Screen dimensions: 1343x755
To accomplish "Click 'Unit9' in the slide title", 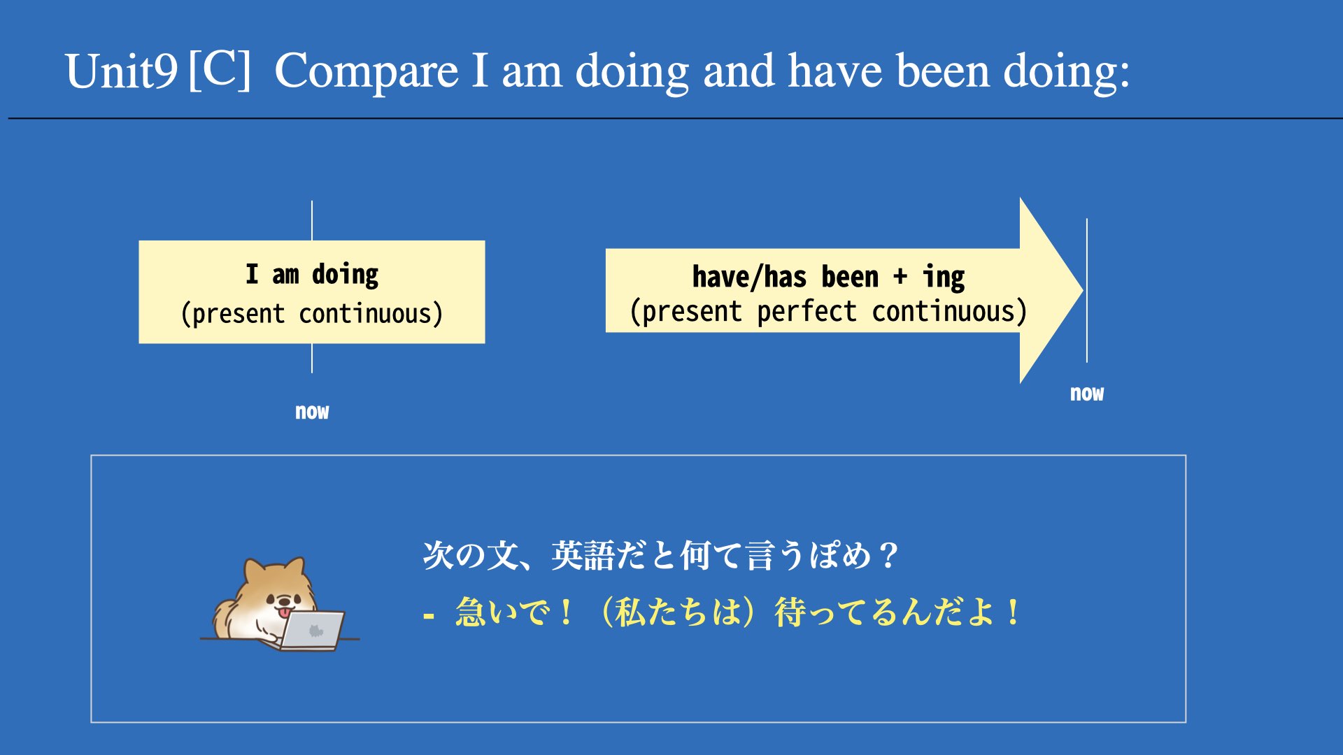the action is tap(122, 71).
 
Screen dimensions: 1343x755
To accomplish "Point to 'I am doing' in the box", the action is tap(312, 274).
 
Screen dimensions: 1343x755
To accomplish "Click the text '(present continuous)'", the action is tap(312, 313).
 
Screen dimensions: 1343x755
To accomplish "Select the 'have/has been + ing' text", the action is tap(829, 277).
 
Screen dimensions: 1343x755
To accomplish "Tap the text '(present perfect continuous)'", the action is tap(829, 311).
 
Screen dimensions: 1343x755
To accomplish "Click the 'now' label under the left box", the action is tap(312, 412).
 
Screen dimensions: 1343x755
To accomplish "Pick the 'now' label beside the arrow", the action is tap(1087, 394).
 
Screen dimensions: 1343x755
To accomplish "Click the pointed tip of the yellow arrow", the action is tap(1083, 290).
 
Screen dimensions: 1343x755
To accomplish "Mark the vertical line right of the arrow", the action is tap(1087, 290).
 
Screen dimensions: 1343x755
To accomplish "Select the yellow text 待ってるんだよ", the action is tap(885, 612).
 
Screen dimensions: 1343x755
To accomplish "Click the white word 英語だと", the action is tap(614, 556).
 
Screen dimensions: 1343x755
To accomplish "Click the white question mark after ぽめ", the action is tap(888, 556).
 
